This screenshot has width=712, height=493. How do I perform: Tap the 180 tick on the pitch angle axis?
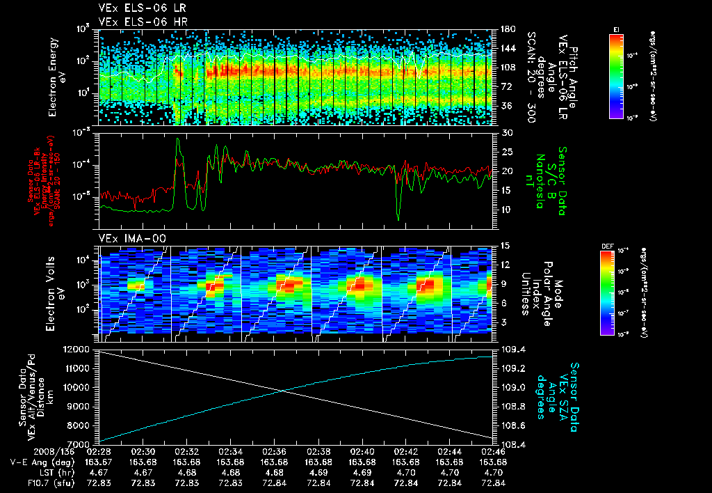[x=506, y=29]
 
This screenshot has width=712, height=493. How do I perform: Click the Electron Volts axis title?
[x=58, y=288]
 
